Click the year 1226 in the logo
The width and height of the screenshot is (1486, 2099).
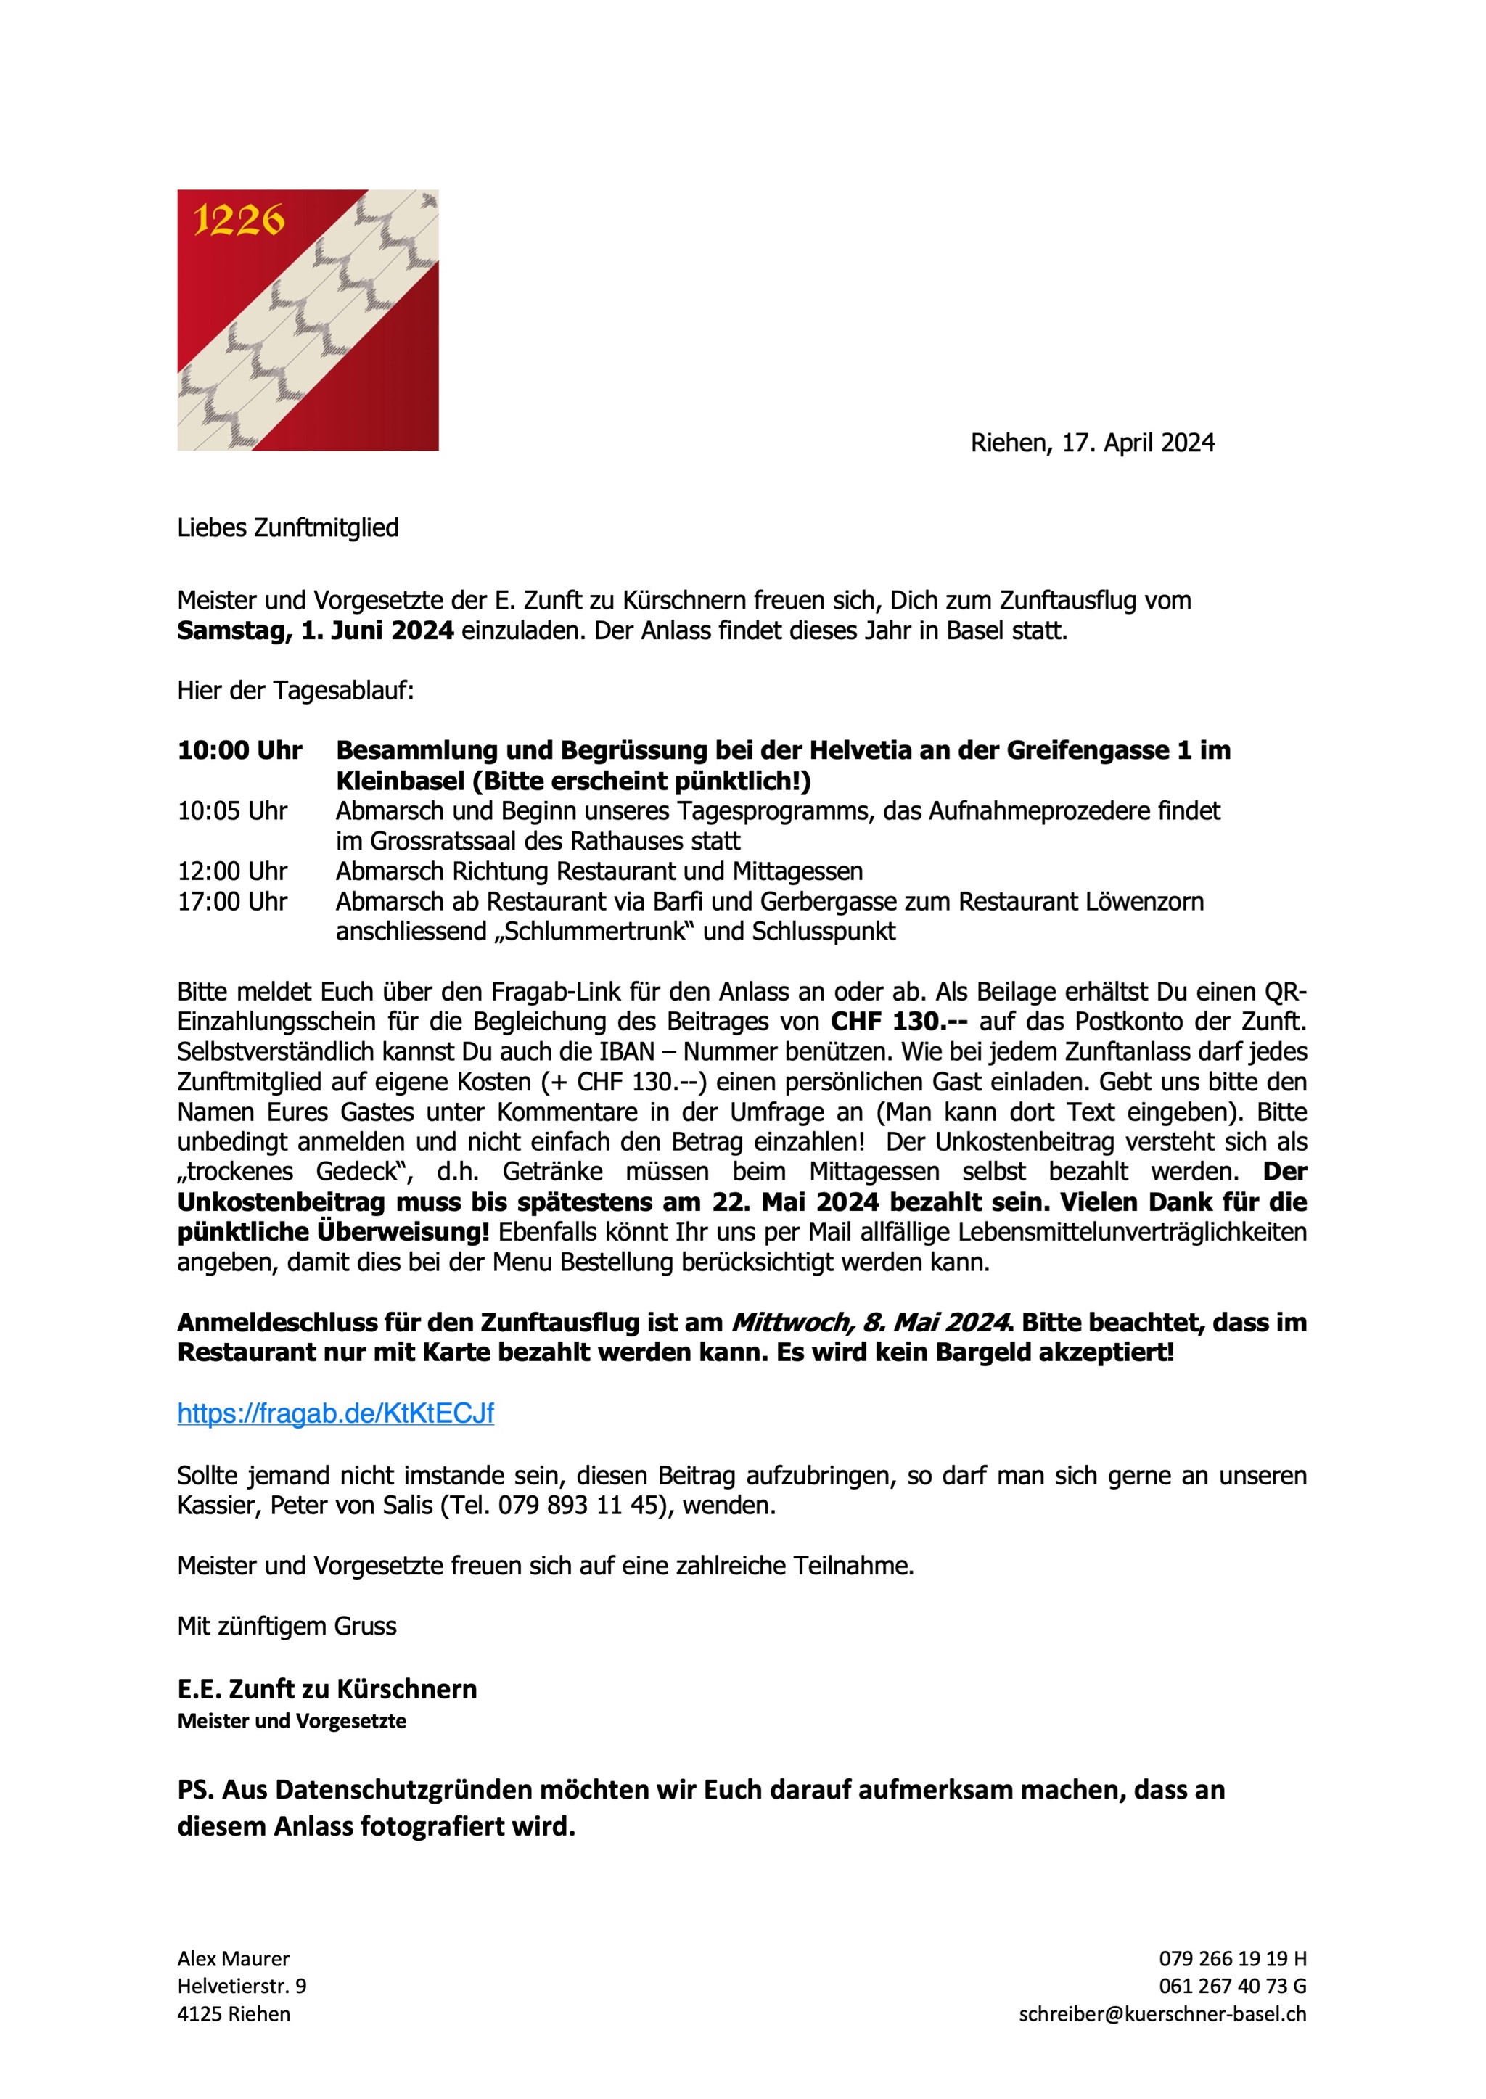tap(238, 221)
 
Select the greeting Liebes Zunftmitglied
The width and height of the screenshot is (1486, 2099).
tap(287, 528)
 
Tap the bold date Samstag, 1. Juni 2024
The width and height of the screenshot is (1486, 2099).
tap(315, 631)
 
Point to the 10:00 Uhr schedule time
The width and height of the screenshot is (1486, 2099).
tap(239, 751)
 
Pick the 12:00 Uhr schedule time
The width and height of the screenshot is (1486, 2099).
tap(232, 872)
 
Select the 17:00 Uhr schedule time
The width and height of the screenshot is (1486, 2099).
tap(232, 902)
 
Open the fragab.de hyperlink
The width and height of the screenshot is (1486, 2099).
tap(335, 1413)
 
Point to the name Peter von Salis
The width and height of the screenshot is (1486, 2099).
tap(350, 1506)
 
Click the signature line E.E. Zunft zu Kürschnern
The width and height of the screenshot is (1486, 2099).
tap(327, 1689)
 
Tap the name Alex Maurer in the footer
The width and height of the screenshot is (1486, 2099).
tap(234, 1959)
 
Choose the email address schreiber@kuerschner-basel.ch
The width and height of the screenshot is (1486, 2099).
tap(1162, 2014)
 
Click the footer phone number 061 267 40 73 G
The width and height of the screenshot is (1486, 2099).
tap(1231, 1987)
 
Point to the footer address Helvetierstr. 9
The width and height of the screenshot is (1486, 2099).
tap(242, 1987)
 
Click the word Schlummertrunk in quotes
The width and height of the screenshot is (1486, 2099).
tap(595, 932)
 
